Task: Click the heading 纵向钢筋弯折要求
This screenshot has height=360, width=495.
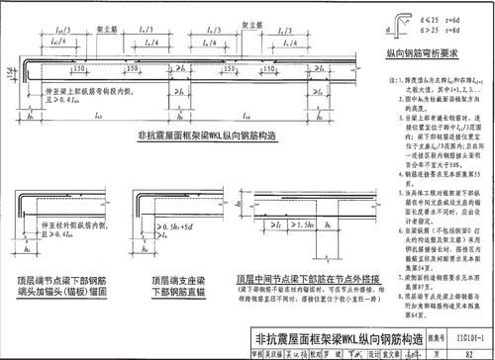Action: click(421, 58)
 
